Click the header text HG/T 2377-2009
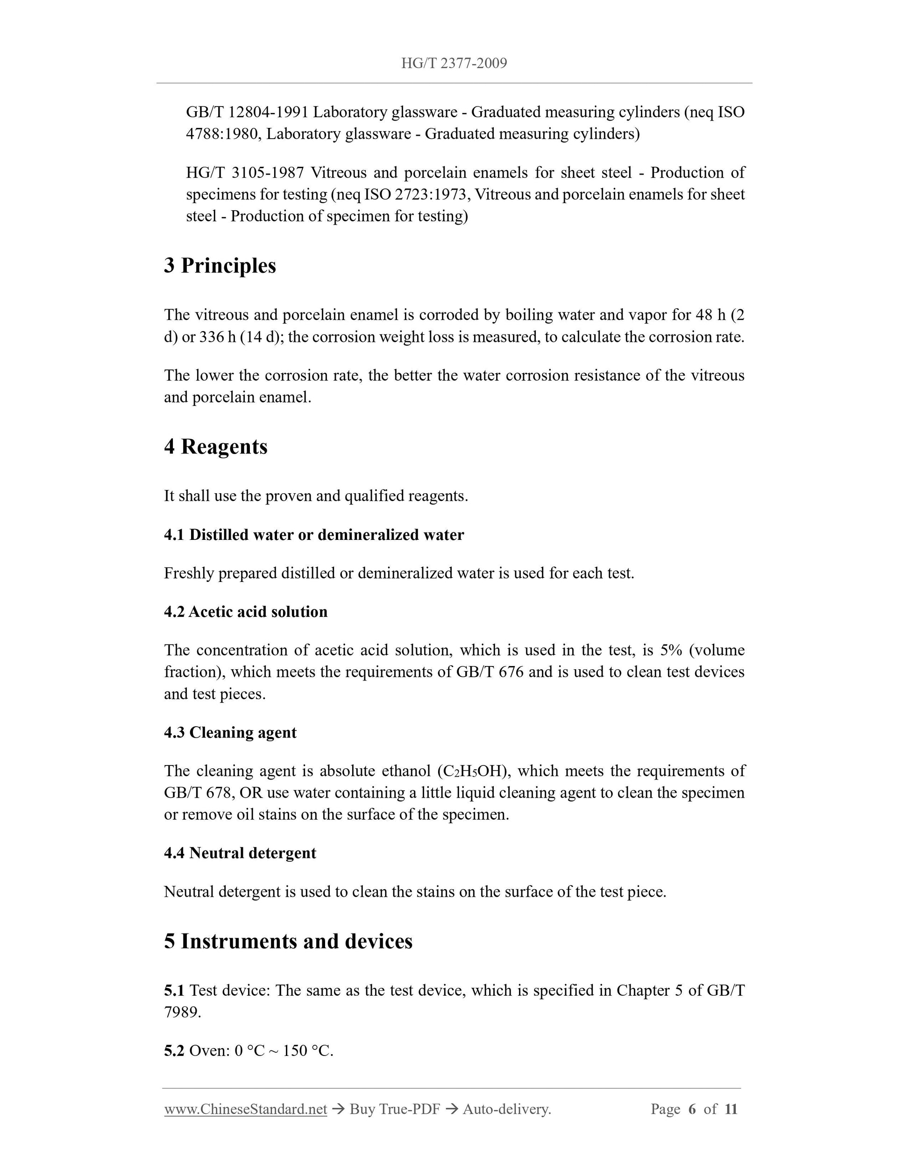coord(454,64)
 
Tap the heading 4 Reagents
coord(215,446)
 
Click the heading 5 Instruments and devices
coord(288,941)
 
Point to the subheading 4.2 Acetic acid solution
coord(246,612)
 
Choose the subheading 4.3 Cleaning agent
coord(230,732)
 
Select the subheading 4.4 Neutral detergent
coord(240,853)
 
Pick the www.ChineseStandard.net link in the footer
coord(246,1109)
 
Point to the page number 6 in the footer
coord(692,1109)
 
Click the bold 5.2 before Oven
coord(174,1050)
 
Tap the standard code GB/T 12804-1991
coord(247,112)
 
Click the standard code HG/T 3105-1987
coord(245,172)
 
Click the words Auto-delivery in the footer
coord(506,1109)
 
